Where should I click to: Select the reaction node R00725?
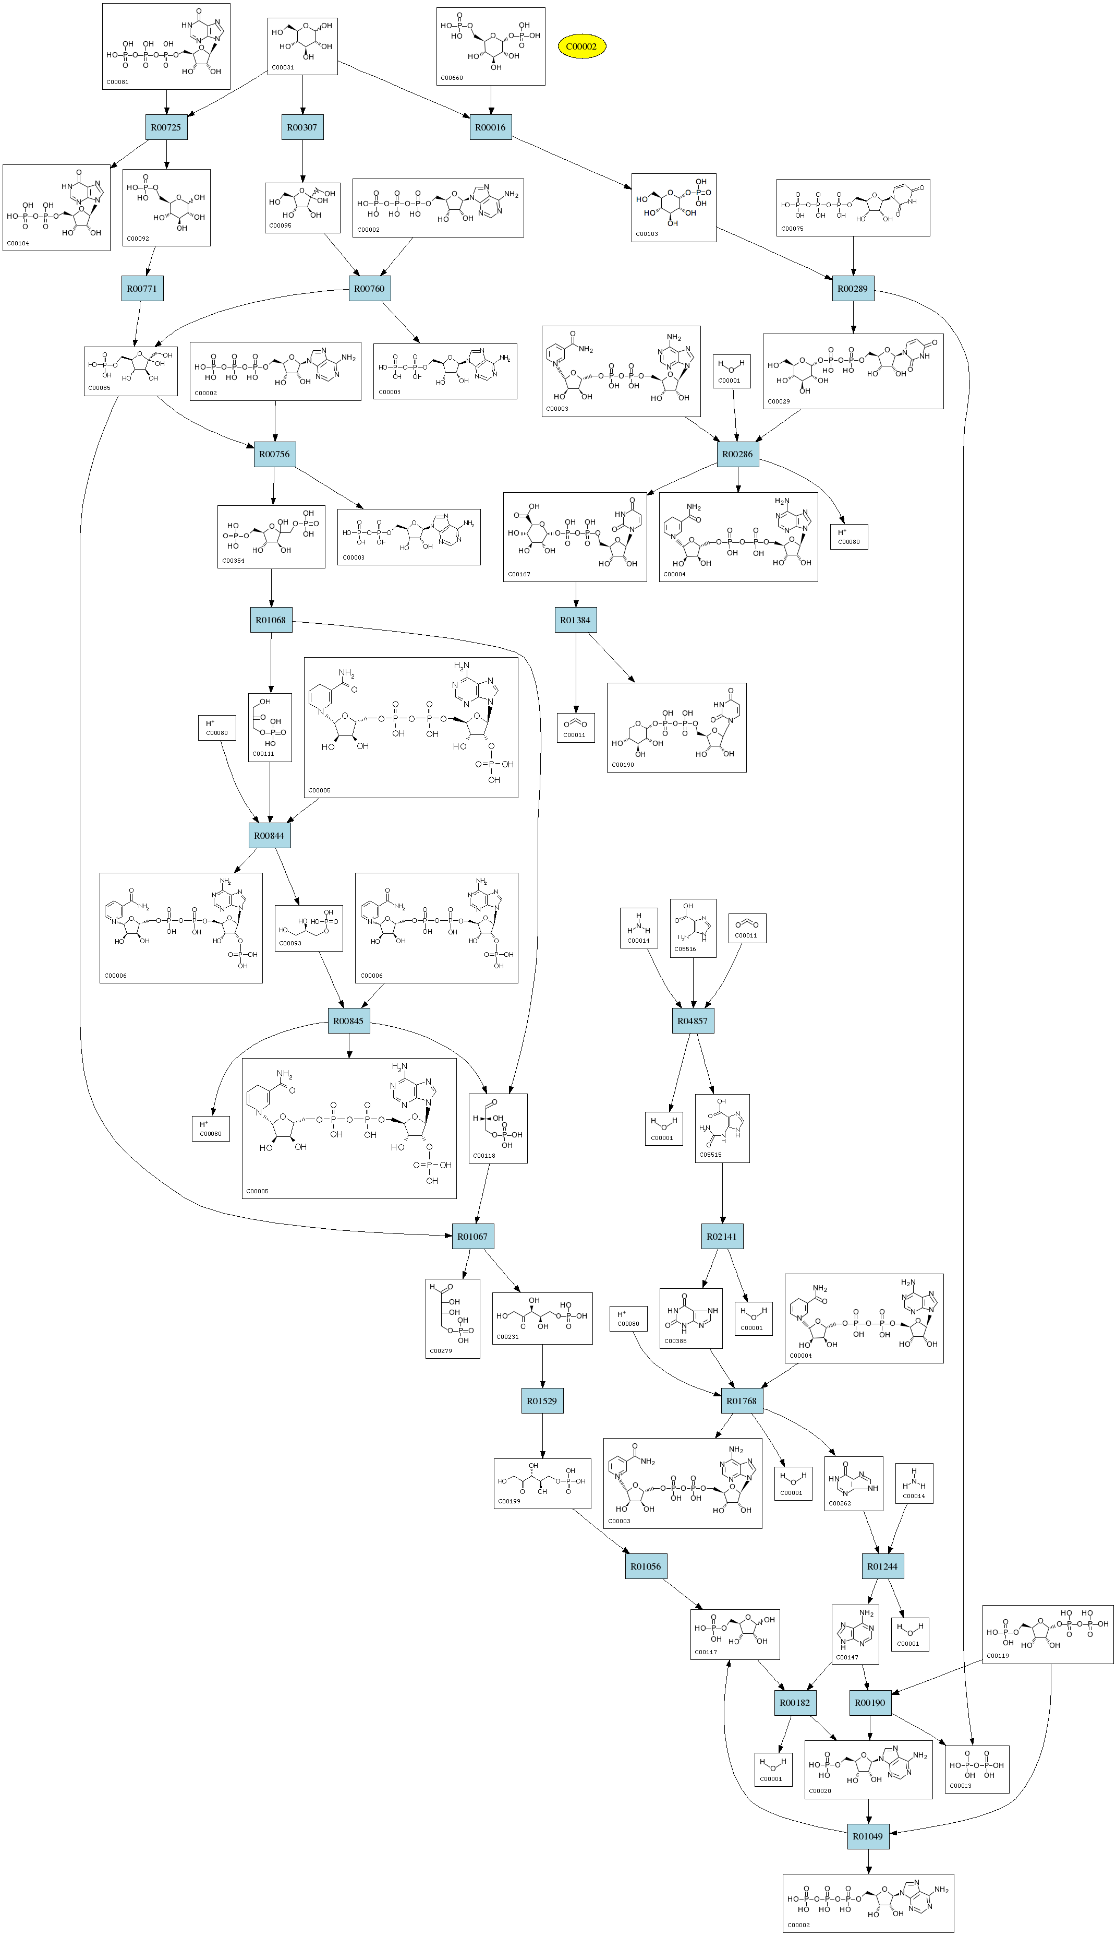pyautogui.click(x=165, y=127)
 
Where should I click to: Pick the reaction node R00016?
pyautogui.click(x=491, y=127)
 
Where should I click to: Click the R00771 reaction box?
pyautogui.click(x=142, y=288)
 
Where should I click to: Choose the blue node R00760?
pyautogui.click(x=369, y=288)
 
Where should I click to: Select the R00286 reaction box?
pyautogui.click(x=737, y=454)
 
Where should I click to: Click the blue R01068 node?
pyautogui.click(x=271, y=620)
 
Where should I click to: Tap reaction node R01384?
pyautogui.click(x=576, y=620)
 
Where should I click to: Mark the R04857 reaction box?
pyautogui.click(x=692, y=1021)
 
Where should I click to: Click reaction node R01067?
pyautogui.click(x=472, y=1236)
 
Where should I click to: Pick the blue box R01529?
pyautogui.click(x=542, y=1400)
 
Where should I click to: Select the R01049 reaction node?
pyautogui.click(x=868, y=1836)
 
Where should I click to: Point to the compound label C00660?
pyautogui.click(x=452, y=77)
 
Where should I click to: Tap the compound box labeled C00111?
pyautogui.click(x=270, y=727)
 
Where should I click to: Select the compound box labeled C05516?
pyautogui.click(x=693, y=928)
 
